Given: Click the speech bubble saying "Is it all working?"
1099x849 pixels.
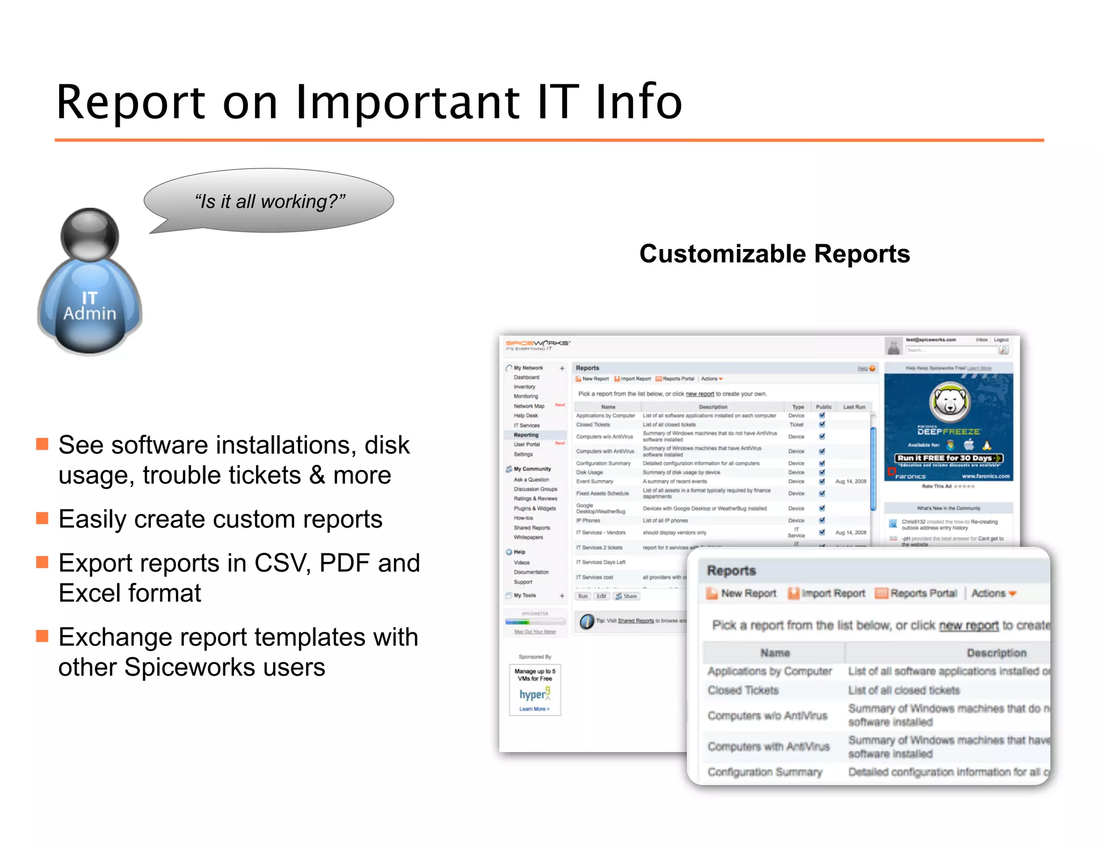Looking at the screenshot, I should (x=269, y=201).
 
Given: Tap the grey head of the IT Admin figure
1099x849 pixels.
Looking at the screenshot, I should (x=90, y=235).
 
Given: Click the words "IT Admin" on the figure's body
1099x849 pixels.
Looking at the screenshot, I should (x=90, y=306).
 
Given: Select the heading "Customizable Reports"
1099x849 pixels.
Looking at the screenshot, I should (x=774, y=254).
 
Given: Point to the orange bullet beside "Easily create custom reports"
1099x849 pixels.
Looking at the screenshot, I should (x=42, y=518).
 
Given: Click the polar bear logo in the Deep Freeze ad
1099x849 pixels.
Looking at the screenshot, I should (x=949, y=402).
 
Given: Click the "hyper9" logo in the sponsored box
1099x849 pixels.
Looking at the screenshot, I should (x=534, y=694).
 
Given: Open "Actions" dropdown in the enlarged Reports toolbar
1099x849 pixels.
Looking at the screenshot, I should (x=993, y=593).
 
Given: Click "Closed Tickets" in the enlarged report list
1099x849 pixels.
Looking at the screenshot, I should (x=743, y=690).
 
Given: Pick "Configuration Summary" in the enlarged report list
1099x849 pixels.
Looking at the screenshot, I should (x=765, y=772).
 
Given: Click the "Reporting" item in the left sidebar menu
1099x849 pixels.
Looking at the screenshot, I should (x=526, y=435).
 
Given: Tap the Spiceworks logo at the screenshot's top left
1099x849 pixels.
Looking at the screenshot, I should (x=537, y=344).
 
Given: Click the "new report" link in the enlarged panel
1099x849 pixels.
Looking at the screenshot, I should (x=969, y=625).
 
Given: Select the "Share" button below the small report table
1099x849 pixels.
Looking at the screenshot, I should (x=627, y=596).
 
